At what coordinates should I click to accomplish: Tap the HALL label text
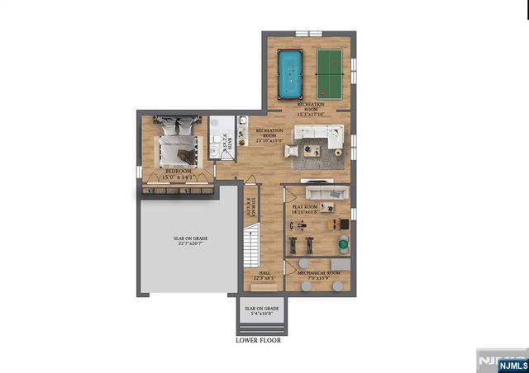(x=264, y=272)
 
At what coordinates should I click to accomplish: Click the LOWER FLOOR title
(x=258, y=340)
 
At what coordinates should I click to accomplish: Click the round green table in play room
(x=343, y=245)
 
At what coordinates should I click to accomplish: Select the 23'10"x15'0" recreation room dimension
(x=269, y=140)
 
